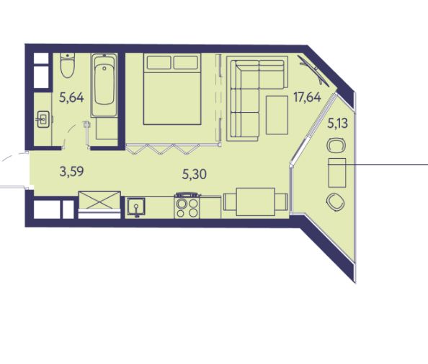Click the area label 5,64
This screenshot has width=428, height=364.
click(x=71, y=97)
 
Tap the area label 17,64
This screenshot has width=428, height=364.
click(x=307, y=97)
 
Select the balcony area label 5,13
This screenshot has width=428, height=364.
click(x=337, y=123)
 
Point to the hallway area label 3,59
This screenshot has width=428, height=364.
click(x=71, y=172)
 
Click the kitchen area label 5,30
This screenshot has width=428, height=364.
click(x=194, y=174)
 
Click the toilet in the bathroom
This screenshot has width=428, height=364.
click(x=68, y=65)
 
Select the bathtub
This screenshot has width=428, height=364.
click(x=104, y=85)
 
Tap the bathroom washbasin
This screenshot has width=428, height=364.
click(x=43, y=119)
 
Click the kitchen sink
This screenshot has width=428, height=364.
click(x=136, y=207)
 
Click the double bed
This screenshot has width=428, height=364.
click(x=172, y=90)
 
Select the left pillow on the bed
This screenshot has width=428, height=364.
click(x=159, y=62)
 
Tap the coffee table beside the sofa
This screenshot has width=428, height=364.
click(x=277, y=116)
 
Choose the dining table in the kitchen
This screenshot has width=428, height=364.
click(x=256, y=201)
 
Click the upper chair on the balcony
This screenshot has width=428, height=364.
click(x=336, y=145)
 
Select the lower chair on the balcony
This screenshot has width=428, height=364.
click(x=336, y=202)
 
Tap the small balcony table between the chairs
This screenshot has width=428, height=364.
click(x=337, y=173)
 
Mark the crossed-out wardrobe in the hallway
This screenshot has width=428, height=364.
click(x=99, y=200)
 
